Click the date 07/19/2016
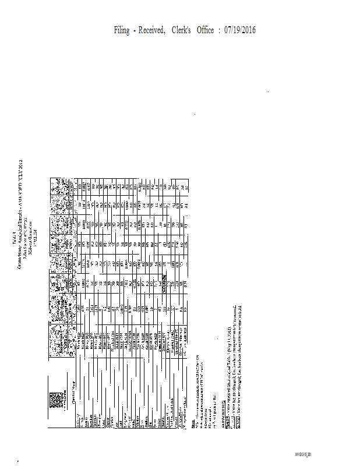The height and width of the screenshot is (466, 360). pyautogui.click(x=240, y=30)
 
